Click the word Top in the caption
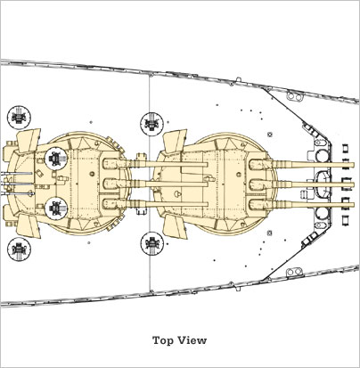164,340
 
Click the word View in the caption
192,340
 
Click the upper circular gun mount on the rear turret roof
56,158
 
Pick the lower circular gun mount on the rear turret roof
56,207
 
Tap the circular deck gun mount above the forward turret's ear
151,123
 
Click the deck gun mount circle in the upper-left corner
19,117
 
